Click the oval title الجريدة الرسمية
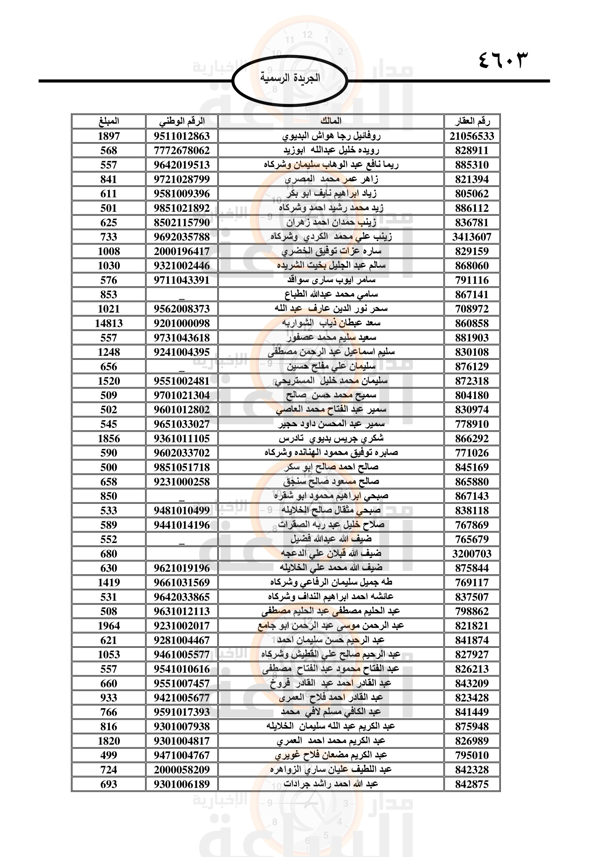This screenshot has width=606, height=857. click(290, 78)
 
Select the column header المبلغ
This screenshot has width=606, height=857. click(108, 121)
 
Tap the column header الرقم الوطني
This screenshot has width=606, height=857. click(182, 121)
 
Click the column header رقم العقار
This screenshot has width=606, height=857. click(472, 121)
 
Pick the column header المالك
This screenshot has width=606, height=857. click(331, 121)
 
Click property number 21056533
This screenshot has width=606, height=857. click(472, 136)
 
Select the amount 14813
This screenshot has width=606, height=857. click(108, 323)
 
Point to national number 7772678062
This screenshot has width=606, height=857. click(182, 151)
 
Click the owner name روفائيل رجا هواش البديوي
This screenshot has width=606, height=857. click(331, 136)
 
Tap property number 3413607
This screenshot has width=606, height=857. click(472, 237)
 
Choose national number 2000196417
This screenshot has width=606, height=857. click(182, 251)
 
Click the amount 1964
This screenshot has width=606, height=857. click(108, 625)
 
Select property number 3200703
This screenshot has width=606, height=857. click(472, 554)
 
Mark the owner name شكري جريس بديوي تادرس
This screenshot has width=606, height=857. click(331, 438)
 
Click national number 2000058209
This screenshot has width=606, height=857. click(182, 769)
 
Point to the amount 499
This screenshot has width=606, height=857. click(108, 755)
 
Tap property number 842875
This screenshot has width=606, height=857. click(472, 784)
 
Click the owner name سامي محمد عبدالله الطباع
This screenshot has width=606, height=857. click(331, 295)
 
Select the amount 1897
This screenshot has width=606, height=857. click(108, 136)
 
